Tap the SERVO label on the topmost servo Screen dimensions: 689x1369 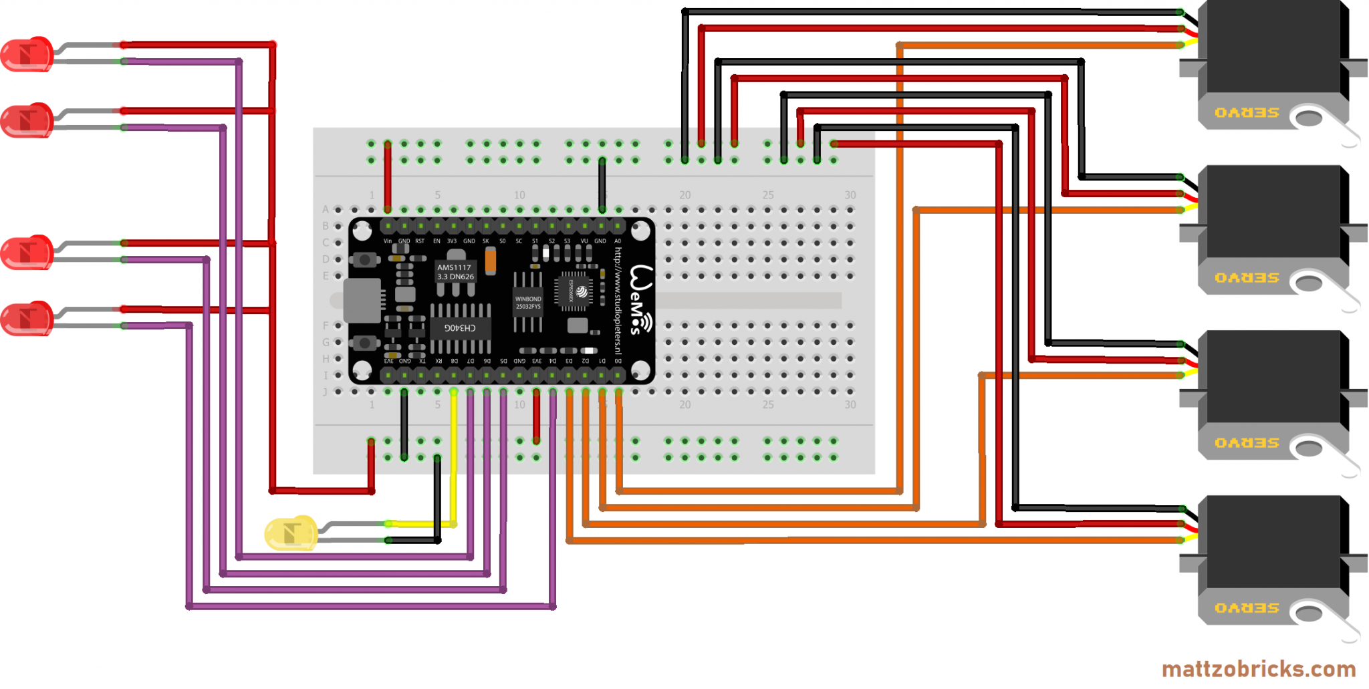click(1247, 113)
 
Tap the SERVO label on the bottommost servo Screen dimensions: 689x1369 click(1247, 608)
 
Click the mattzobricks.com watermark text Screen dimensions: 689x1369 click(1258, 669)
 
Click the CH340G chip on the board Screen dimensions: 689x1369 click(461, 327)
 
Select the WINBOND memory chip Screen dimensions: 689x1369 click(527, 303)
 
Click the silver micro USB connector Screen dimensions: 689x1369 click(362, 301)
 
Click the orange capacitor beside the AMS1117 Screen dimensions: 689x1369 click(491, 260)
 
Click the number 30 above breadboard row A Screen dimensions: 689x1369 click(850, 195)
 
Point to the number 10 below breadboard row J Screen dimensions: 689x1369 click(519, 405)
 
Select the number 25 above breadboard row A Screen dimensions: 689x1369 click(767, 195)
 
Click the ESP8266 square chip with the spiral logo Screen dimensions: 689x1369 click(575, 291)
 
